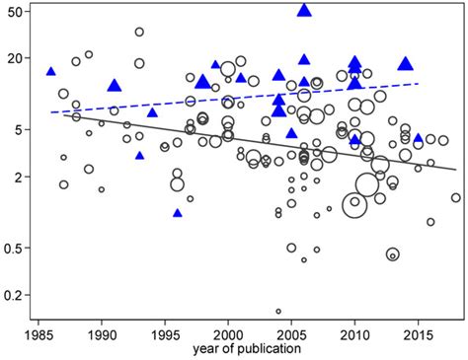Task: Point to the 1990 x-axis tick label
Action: click(101, 336)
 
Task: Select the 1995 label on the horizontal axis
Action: click(165, 336)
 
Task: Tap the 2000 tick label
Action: click(228, 336)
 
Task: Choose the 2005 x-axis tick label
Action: click(291, 336)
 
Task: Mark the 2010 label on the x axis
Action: click(354, 336)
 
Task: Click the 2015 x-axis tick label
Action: click(419, 336)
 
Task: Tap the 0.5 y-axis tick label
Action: click(15, 248)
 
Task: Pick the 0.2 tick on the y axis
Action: click(15, 295)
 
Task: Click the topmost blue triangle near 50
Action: click(304, 10)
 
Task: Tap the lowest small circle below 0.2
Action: click(278, 311)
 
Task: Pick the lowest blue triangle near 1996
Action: click(178, 212)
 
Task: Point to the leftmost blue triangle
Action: click(50, 71)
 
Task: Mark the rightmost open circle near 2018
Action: click(456, 197)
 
